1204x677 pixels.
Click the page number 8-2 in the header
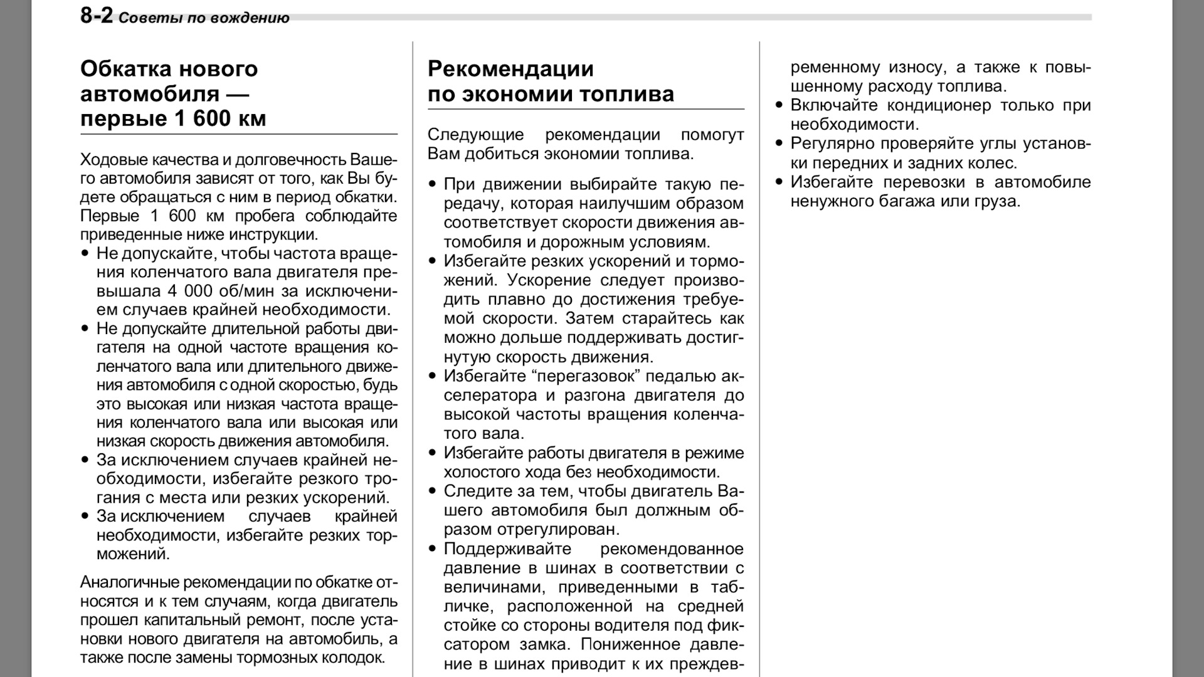[x=96, y=15]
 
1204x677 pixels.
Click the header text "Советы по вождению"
[x=204, y=18]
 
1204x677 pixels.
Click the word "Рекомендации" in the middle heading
[x=510, y=68]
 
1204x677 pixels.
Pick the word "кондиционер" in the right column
[x=939, y=105]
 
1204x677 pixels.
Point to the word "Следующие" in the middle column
[x=467, y=135]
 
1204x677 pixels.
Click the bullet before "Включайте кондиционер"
[x=779, y=105]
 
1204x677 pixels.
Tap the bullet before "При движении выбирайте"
[x=432, y=184]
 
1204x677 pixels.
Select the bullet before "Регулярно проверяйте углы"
[x=779, y=144]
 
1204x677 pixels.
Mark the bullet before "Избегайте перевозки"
[x=779, y=182]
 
